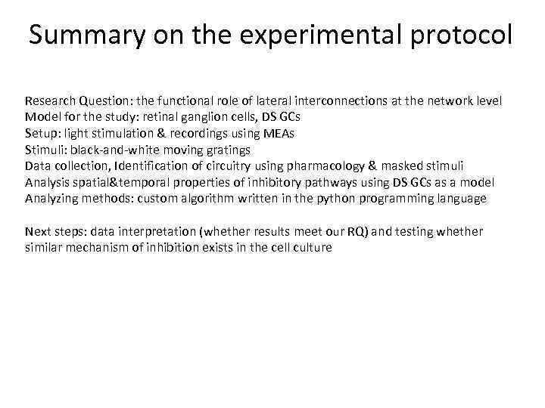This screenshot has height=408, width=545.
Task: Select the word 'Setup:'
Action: click(42, 134)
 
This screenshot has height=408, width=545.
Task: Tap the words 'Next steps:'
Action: click(54, 231)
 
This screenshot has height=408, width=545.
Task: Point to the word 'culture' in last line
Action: click(312, 248)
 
